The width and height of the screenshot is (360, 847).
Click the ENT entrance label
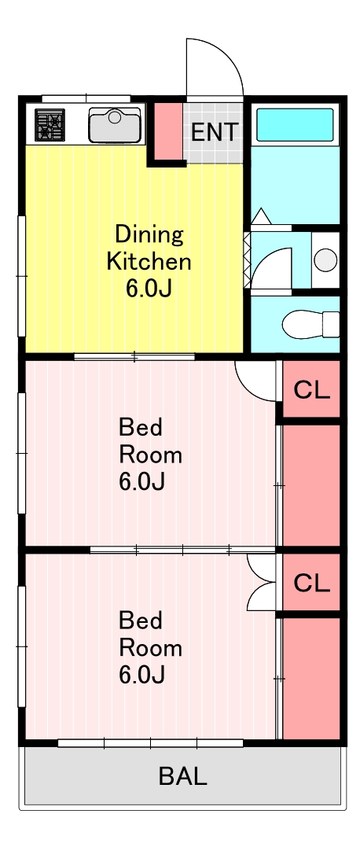point(215,132)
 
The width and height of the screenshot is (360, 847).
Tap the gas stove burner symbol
point(50,125)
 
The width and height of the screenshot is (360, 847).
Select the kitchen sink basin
point(115,125)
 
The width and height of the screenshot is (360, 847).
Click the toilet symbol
point(311,324)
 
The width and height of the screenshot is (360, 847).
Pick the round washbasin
point(325,260)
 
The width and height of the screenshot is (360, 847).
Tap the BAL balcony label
point(182,776)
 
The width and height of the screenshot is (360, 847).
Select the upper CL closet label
point(311,390)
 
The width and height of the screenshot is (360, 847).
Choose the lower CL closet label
point(311,583)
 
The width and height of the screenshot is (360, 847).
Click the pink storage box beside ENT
point(168,131)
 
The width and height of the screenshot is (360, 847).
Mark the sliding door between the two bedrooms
point(182,550)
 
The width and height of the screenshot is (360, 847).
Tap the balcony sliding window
point(151,743)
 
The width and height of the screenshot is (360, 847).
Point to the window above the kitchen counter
point(86,98)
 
